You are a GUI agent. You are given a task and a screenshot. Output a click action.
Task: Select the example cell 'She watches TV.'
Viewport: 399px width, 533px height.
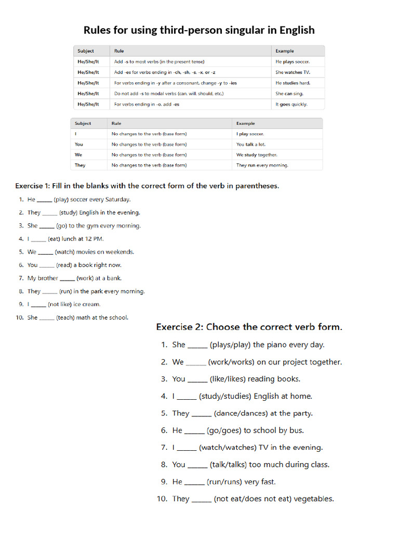[292, 72]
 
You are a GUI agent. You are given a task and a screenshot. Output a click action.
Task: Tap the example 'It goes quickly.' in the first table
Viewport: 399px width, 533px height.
[291, 104]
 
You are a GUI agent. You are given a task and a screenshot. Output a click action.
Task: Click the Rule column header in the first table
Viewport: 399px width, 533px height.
[119, 51]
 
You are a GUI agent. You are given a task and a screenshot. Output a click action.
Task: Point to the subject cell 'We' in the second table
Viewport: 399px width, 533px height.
[78, 155]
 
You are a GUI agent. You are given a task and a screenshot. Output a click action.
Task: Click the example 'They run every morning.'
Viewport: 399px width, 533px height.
[262, 165]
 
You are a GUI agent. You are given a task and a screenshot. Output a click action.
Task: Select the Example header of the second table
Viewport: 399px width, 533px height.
[245, 123]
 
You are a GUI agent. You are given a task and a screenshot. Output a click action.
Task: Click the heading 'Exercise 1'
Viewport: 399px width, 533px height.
[33, 186]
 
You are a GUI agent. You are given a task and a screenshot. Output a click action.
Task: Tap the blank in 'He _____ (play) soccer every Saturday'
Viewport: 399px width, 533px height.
[45, 200]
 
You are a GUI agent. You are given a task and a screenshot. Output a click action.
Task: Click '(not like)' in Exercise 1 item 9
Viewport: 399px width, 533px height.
[60, 304]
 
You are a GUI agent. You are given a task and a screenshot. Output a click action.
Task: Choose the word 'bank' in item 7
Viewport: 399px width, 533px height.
[114, 278]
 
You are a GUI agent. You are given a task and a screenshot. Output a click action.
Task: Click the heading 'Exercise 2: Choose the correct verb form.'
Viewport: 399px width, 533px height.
[249, 327]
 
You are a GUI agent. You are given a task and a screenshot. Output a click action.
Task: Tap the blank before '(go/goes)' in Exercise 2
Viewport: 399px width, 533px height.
[194, 431]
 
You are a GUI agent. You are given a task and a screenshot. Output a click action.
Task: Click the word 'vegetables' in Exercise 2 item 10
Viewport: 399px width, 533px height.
[314, 499]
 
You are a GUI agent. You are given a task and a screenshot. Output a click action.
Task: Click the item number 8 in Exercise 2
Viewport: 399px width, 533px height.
[164, 465]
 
